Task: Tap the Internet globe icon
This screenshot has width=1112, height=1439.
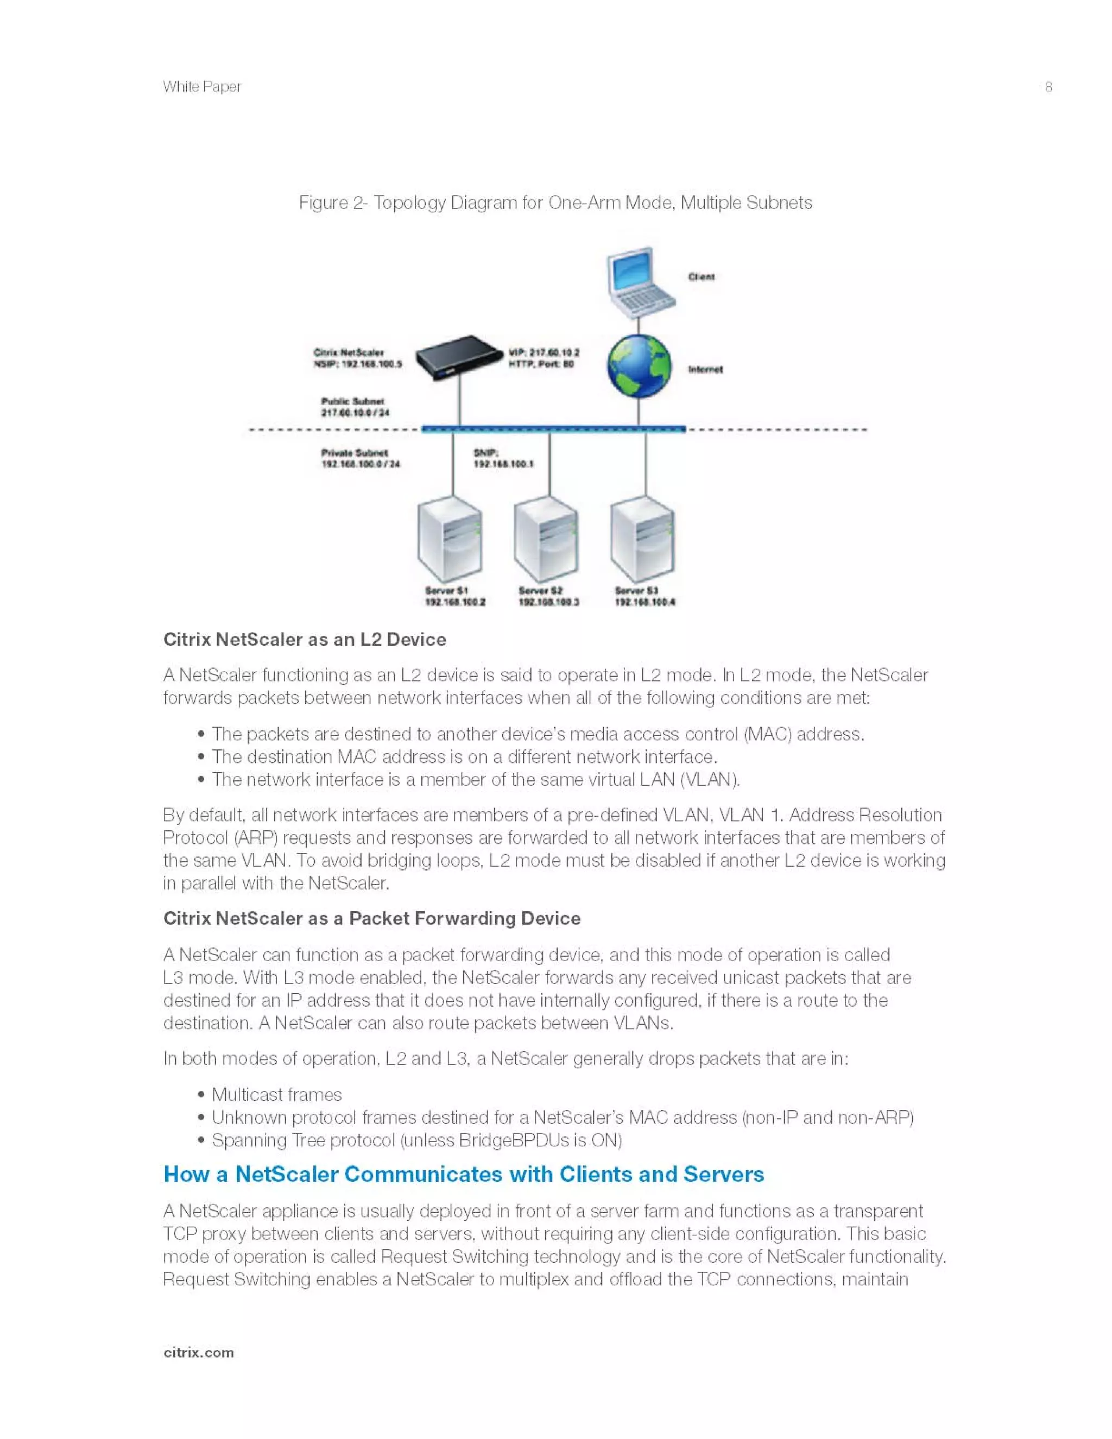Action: [639, 367]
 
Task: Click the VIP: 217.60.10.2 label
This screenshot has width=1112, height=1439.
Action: [544, 352]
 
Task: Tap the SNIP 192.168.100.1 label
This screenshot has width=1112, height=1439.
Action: [503, 459]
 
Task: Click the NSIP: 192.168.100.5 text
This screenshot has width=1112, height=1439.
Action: [358, 364]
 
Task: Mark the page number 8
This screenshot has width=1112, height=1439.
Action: [1048, 87]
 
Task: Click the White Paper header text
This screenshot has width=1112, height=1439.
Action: [202, 87]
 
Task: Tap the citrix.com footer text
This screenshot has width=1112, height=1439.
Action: [198, 1353]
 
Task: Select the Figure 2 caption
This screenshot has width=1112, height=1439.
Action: [555, 203]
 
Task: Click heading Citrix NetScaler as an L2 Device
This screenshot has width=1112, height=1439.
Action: [305, 639]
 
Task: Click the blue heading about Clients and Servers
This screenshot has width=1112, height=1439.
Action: [464, 1174]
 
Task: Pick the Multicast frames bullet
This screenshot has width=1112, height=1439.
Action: [277, 1095]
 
